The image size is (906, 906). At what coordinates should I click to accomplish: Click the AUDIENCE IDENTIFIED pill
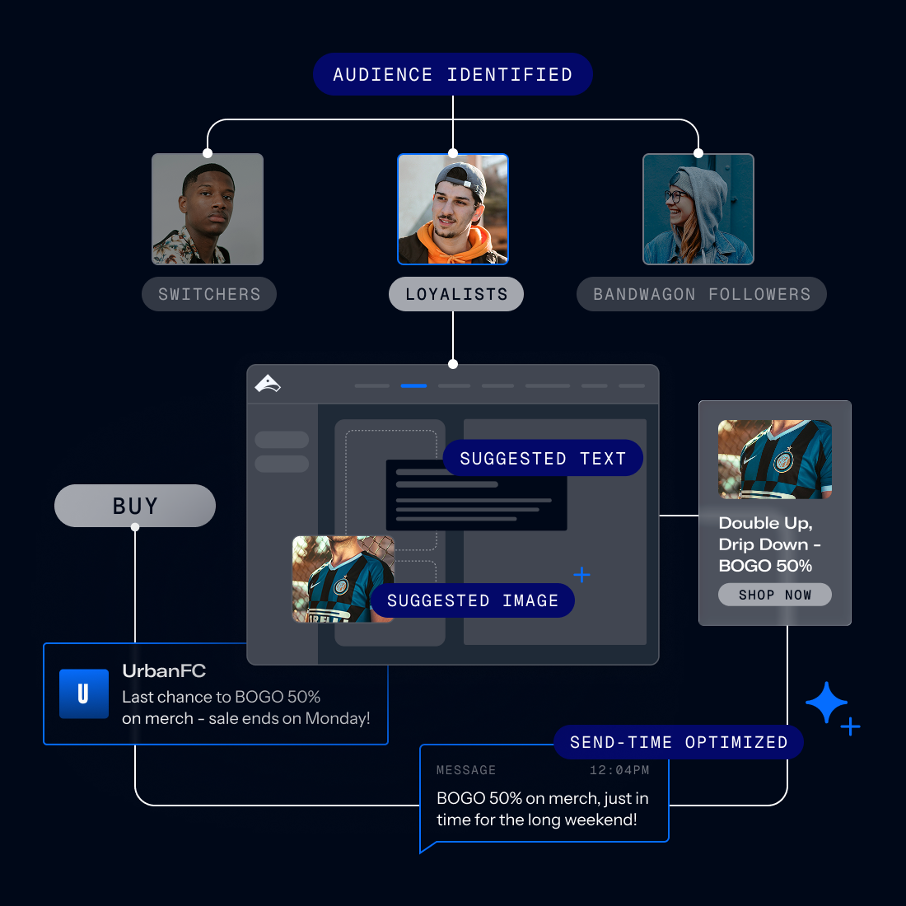pyautogui.click(x=452, y=74)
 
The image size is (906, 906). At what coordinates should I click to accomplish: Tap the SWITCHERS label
pyautogui.click(x=209, y=294)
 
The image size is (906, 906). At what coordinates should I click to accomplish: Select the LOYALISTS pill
pyautogui.click(x=455, y=294)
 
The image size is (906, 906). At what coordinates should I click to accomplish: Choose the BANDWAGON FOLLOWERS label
pyautogui.click(x=701, y=294)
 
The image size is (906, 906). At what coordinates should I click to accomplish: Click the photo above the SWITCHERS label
pyautogui.click(x=208, y=209)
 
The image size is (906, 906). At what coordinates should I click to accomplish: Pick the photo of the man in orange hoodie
pyautogui.click(x=453, y=209)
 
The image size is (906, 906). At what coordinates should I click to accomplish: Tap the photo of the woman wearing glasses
pyautogui.click(x=698, y=209)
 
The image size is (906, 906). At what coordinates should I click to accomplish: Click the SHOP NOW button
pyautogui.click(x=774, y=595)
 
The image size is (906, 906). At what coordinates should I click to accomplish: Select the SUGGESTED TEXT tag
pyautogui.click(x=543, y=458)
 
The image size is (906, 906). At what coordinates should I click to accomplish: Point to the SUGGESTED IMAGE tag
pyautogui.click(x=472, y=600)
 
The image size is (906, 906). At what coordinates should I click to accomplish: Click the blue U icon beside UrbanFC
pyautogui.click(x=84, y=694)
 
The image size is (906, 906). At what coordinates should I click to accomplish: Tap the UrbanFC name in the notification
pyautogui.click(x=164, y=670)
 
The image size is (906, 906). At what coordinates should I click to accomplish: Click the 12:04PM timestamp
pyautogui.click(x=619, y=770)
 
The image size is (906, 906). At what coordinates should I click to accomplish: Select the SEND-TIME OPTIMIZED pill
pyautogui.click(x=679, y=742)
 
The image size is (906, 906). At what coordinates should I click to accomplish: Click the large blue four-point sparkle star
pyautogui.click(x=826, y=703)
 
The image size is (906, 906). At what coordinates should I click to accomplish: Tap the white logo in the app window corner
pyautogui.click(x=268, y=384)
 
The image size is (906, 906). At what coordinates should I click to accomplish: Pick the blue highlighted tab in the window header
pyautogui.click(x=413, y=385)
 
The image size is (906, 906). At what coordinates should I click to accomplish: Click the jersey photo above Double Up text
pyautogui.click(x=774, y=460)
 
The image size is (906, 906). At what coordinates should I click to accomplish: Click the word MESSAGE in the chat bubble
pyautogui.click(x=466, y=770)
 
